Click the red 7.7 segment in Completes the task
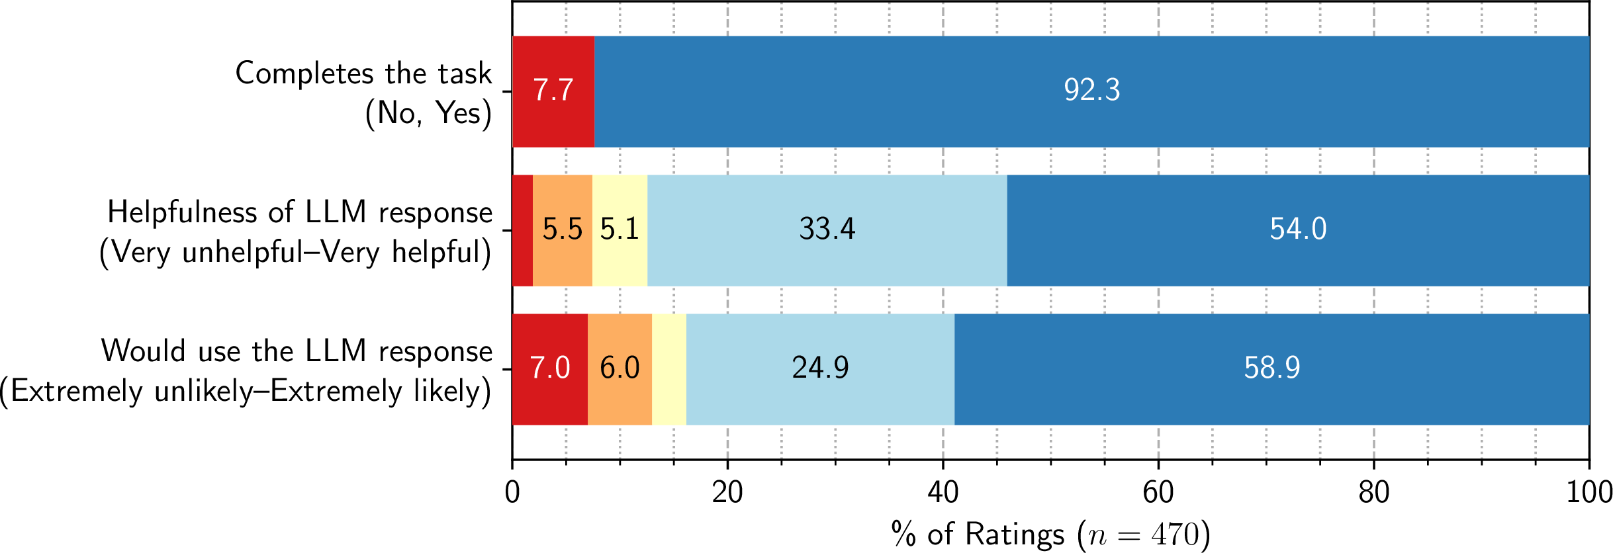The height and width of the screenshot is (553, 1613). pos(553,91)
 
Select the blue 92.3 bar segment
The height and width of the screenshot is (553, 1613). pos(1091,91)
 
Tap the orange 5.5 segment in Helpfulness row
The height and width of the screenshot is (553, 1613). pos(562,230)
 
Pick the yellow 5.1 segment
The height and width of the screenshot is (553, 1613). pos(620,230)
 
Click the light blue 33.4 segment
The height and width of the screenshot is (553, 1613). pos(827,230)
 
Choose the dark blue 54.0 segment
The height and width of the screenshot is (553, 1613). pos(1297,230)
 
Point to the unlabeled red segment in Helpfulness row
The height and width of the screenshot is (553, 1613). pos(522,230)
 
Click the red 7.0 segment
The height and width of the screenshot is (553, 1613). pos(549,369)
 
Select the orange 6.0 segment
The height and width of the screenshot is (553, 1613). pos(620,369)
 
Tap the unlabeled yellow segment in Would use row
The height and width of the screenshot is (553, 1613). pos(669,369)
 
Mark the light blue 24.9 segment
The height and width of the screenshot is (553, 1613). pos(820,369)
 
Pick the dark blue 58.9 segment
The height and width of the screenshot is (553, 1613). pos(1271,369)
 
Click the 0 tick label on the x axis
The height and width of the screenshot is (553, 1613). pos(512,493)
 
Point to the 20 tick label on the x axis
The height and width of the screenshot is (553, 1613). pos(727,493)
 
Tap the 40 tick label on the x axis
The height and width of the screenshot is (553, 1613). pos(943,493)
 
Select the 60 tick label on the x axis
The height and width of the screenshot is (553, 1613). pos(1158,493)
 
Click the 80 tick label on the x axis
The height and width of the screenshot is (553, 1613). pos(1373,493)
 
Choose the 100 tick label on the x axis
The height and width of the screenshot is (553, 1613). pos(1589,493)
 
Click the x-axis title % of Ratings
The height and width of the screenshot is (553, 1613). pos(1050,534)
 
